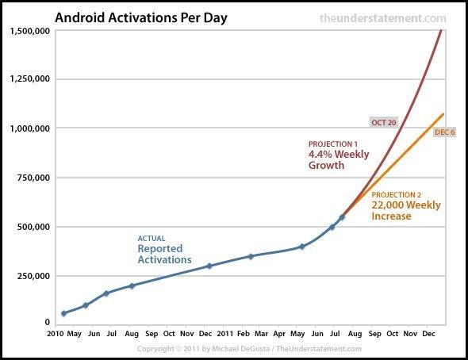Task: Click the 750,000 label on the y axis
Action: [35, 178]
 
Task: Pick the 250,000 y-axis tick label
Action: [35, 276]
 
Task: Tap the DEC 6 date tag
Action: [445, 132]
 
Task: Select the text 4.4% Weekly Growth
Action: [339, 160]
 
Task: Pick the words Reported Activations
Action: [164, 254]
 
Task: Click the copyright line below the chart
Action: [249, 349]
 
